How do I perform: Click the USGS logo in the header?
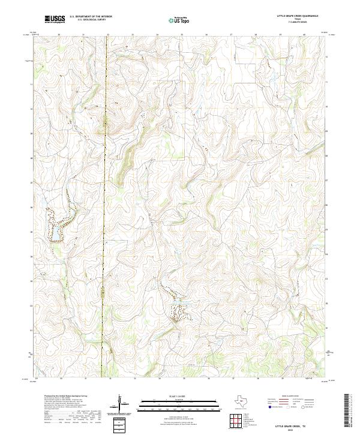coord(55,19)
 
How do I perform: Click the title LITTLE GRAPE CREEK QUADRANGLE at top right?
coord(298,16)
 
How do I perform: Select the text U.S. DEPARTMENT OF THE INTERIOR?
coord(91,16)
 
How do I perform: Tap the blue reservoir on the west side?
coord(58,227)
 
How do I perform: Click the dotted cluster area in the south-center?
coord(178,310)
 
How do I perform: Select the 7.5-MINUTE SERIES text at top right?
coord(298,22)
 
